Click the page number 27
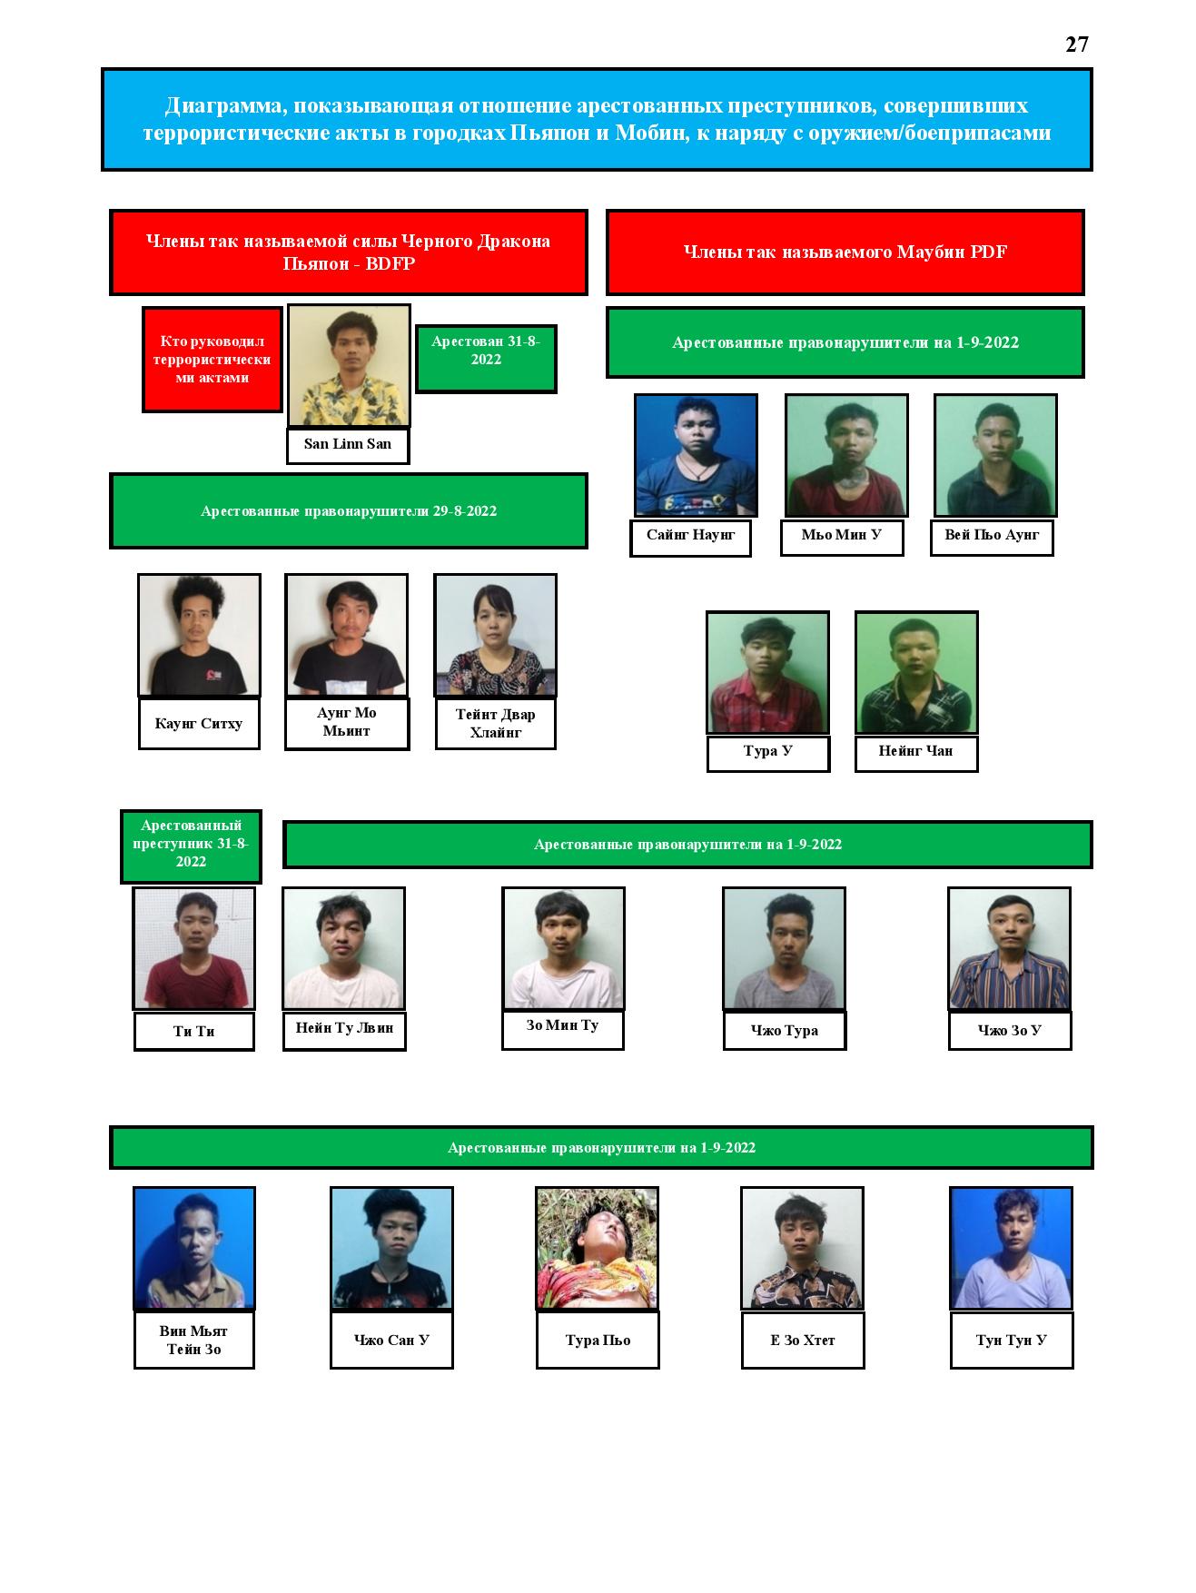tap(1076, 45)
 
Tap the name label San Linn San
tap(348, 445)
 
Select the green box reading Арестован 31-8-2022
tap(486, 359)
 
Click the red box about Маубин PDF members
tap(845, 252)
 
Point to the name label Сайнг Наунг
tap(690, 537)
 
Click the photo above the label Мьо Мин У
tap(846, 456)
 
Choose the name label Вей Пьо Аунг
tap(992, 537)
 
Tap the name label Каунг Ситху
tap(199, 724)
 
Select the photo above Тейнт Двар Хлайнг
tap(495, 636)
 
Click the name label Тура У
tap(768, 753)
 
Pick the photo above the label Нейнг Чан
tap(916, 673)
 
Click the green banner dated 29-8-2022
tap(349, 511)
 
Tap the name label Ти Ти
tap(194, 1032)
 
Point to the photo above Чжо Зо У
tap(1009, 949)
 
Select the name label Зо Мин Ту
tap(563, 1029)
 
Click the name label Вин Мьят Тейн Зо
tap(194, 1340)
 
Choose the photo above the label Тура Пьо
tap(598, 1249)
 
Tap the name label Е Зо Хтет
tap(803, 1340)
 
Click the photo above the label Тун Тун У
tap(1012, 1249)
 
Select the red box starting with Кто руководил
tap(213, 360)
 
